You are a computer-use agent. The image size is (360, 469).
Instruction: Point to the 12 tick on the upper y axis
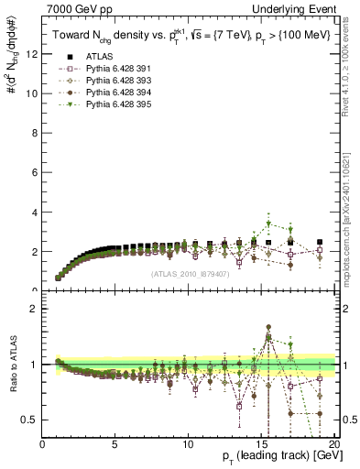click(32, 54)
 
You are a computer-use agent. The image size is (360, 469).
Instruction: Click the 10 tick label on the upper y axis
click(32, 93)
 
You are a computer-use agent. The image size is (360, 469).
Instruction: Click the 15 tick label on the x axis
click(261, 444)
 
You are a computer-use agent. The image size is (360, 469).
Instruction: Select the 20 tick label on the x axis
click(334, 444)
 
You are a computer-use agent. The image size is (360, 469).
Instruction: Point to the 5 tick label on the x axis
click(115, 444)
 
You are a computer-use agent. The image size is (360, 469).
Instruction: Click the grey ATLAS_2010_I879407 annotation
click(190, 274)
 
